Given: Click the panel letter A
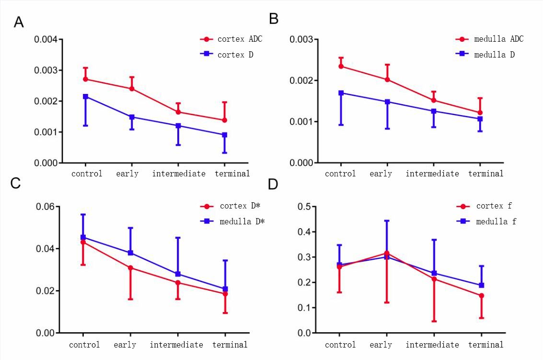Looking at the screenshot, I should (19, 22).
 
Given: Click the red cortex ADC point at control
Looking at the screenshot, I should (86, 79).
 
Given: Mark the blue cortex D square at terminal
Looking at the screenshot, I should (224, 135).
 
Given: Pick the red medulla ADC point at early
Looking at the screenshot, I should (387, 80).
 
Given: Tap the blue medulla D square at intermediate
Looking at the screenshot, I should (434, 111).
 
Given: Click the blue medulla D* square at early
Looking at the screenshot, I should (130, 253).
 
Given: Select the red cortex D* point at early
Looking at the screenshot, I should (130, 267).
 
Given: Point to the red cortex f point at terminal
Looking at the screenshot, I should (482, 296).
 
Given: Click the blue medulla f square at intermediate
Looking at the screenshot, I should (435, 273).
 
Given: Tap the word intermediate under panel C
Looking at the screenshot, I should (176, 345).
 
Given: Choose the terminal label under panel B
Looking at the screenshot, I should (485, 174).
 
